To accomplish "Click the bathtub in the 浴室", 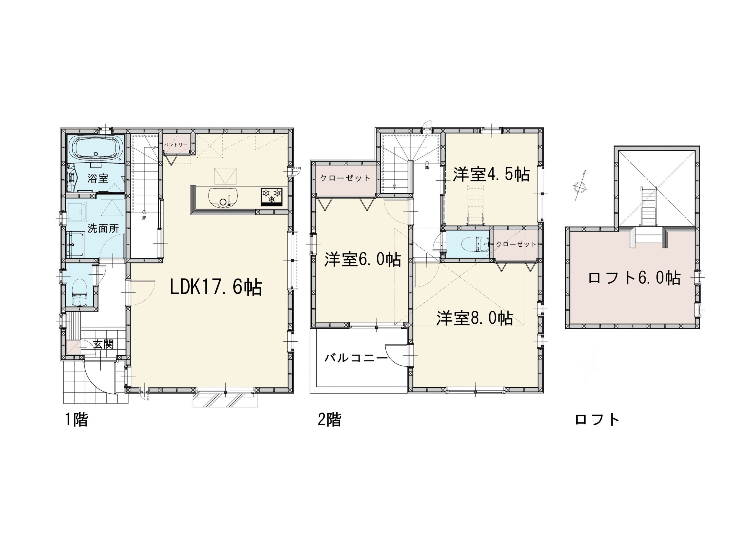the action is (x=96, y=148).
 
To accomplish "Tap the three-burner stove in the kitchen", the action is (x=272, y=197).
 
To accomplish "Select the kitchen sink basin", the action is (x=223, y=198).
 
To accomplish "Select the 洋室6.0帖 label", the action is (x=363, y=259).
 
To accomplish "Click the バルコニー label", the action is (x=356, y=358).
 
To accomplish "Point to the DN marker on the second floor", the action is (x=427, y=168).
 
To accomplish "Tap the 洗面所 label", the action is (x=103, y=228).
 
